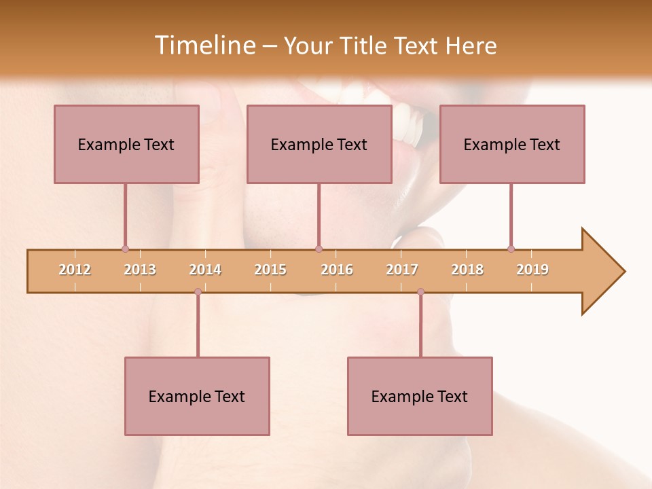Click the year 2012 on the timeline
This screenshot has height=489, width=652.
[x=75, y=270]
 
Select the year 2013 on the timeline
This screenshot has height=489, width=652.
[x=140, y=270]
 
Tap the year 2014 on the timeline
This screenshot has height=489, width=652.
[x=205, y=270]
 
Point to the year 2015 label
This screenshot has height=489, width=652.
[x=270, y=270]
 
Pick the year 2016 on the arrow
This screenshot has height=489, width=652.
[x=337, y=270]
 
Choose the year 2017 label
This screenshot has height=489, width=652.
[x=402, y=270]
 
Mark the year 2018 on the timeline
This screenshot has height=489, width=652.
[x=467, y=270]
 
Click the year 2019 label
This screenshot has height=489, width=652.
[x=532, y=270]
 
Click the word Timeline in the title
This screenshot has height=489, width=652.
[x=204, y=46]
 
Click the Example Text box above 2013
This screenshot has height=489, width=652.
[x=126, y=144]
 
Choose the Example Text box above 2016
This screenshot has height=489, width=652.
[x=319, y=144]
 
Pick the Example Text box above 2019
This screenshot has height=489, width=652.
[x=512, y=144]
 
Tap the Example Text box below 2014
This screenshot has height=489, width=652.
[x=197, y=396]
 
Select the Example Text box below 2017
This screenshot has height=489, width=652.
[x=420, y=396]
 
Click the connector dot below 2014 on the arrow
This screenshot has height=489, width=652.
[x=198, y=291]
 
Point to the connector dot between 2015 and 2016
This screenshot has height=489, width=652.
[x=319, y=249]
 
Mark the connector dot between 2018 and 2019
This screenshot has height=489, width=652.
[x=511, y=249]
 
